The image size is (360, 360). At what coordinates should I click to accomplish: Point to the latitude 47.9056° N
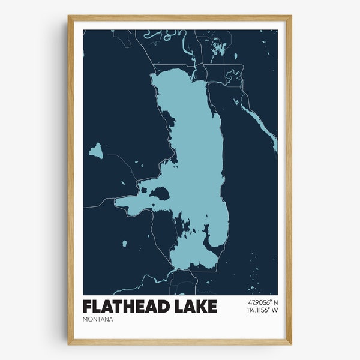coord(262,302)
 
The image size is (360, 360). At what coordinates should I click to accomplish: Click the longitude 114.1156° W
coord(262,311)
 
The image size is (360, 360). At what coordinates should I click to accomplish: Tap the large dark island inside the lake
coord(160,193)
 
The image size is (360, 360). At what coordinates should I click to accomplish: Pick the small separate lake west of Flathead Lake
coord(95,151)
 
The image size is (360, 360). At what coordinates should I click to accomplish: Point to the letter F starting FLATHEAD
coord(88,306)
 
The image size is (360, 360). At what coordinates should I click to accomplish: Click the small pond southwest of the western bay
coord(124,243)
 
